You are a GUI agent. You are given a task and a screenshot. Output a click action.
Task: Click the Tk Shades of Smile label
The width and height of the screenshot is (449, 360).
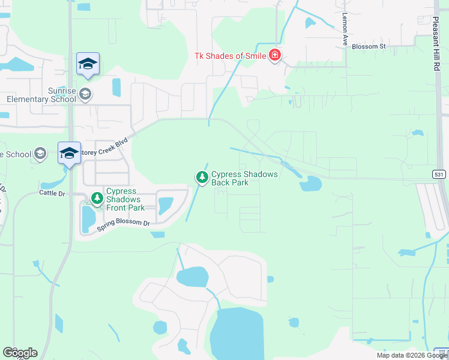coord(231,56)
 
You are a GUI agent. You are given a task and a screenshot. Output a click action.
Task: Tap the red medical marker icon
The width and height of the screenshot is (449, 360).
coord(275,56)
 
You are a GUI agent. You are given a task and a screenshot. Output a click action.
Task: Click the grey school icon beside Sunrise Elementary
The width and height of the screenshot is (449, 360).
coord(85,94)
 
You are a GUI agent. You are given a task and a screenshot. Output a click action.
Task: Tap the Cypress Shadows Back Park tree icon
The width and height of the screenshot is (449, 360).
coord(202,177)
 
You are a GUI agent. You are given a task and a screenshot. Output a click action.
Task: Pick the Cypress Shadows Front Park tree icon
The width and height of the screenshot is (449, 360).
coord(96,197)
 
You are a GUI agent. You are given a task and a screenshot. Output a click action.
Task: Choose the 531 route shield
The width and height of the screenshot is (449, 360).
coord(439,174)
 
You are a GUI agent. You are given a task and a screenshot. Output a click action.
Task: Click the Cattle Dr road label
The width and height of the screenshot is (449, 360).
coord(52,193)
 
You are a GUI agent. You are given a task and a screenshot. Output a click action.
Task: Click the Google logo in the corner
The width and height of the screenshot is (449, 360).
coord(20,353)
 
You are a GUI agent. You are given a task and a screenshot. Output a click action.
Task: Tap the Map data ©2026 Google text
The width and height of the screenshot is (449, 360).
coord(411,355)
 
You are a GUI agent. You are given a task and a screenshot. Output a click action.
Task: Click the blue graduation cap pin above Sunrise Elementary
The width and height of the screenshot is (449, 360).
coord(88,64)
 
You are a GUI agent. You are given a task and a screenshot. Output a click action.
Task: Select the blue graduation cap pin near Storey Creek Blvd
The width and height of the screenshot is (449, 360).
coord(69,154)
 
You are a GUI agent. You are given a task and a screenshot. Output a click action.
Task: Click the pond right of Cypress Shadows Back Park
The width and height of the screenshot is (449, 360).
coord(310,184)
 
